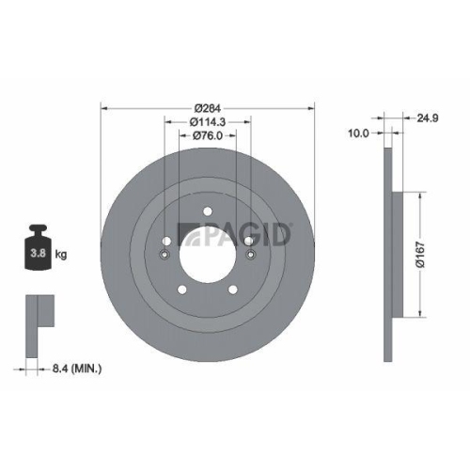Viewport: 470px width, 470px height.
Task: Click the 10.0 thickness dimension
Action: point(357,133)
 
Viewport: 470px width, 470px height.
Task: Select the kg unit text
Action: point(62,254)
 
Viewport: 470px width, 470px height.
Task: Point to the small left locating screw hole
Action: point(164,254)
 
